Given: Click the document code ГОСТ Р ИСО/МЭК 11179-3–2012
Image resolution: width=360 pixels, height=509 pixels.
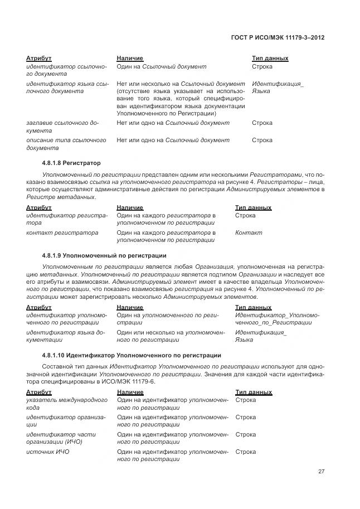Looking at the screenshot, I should click(x=278, y=38).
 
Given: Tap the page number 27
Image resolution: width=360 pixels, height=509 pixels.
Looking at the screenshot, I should click(x=321, y=472).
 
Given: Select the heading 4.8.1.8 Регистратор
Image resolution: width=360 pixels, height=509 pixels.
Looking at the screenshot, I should click(x=71, y=163).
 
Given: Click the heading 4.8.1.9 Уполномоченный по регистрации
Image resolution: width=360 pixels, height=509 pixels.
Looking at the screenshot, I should click(x=104, y=256).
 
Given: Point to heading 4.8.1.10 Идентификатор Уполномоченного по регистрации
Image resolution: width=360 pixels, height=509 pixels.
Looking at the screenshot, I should click(x=132, y=355).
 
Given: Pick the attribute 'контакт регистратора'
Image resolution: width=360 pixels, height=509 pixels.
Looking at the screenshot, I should click(x=62, y=232).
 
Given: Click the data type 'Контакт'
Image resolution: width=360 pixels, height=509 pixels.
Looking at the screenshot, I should click(x=249, y=232).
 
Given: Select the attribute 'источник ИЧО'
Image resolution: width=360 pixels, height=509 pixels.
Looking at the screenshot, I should click(x=48, y=452).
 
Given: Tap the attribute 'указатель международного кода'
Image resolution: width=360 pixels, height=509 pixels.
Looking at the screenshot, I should click(x=67, y=404).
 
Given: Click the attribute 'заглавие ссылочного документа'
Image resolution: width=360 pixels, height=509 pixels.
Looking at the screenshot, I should click(x=62, y=127).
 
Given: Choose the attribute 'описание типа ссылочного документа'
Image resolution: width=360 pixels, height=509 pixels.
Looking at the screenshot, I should click(x=66, y=144).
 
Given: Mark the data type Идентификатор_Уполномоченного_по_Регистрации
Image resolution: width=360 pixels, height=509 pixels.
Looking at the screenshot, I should click(x=277, y=319).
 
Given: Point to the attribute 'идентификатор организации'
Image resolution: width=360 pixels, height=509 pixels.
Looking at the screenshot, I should click(x=66, y=421).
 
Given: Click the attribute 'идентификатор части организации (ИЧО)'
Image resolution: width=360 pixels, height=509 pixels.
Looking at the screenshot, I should click(x=61, y=438).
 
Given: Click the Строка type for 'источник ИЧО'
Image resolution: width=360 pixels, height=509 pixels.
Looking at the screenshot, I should click(x=246, y=452).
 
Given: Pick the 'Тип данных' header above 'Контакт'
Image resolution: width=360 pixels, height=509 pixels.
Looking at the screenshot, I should click(x=254, y=207).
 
